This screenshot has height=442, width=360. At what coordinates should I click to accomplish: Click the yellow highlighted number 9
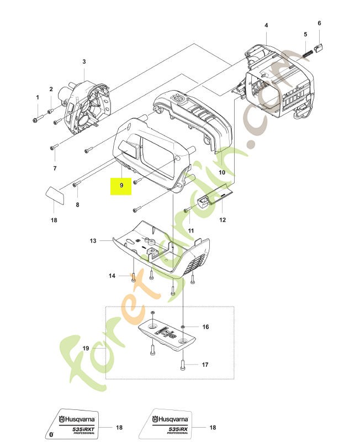pyautogui.click(x=121, y=186)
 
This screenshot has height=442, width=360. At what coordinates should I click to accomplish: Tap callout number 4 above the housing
pyautogui.click(x=266, y=25)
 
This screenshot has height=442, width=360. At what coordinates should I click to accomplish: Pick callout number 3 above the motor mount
pyautogui.click(x=84, y=61)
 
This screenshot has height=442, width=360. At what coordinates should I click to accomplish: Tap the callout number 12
pyautogui.click(x=223, y=220)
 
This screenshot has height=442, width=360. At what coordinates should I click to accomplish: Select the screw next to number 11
pyautogui.click(x=188, y=210)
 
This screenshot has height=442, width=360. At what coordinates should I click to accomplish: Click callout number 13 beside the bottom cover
pyautogui.click(x=93, y=241)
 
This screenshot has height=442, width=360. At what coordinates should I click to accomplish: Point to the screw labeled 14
pyautogui.click(x=133, y=277)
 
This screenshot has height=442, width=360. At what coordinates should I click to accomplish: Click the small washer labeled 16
pyautogui.click(x=183, y=327)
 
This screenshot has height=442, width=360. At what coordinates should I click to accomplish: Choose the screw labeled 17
pyautogui.click(x=183, y=364)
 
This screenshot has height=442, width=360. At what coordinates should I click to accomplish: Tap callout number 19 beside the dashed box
pyautogui.click(x=86, y=349)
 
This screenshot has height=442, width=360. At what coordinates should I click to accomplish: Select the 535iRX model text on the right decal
pyautogui.click(x=179, y=429)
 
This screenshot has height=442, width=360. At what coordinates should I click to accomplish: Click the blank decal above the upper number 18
pyautogui.click(x=55, y=195)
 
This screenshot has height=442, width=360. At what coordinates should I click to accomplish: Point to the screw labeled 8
pyautogui.click(x=77, y=185)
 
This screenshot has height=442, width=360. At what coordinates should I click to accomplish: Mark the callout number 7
pyautogui.click(x=55, y=169)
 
